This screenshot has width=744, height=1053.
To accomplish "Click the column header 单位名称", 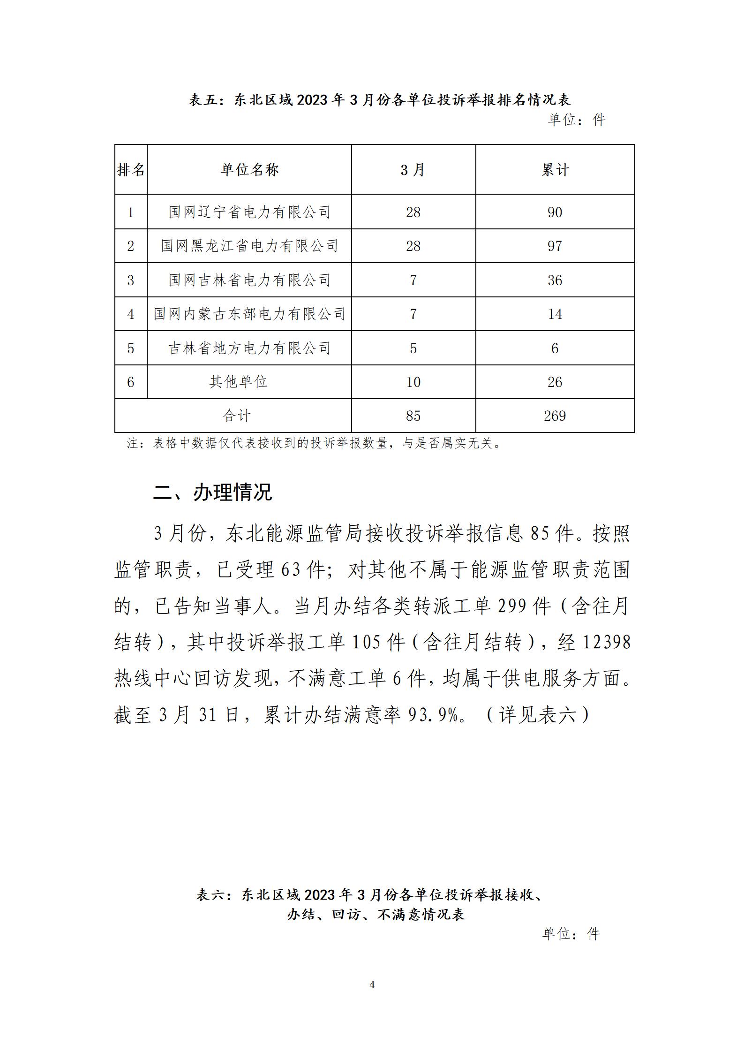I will coord(249,169).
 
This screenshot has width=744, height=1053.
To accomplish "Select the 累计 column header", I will coord(555,169).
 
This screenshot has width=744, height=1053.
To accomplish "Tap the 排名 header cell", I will coord(131,169).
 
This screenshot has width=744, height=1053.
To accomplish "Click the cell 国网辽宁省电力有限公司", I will coord(249,212).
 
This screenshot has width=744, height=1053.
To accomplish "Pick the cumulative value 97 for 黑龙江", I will coord(555,246).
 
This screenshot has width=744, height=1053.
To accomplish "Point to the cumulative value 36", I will coord(555,280).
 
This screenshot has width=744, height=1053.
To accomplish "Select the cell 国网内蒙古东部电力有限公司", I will coord(249,314).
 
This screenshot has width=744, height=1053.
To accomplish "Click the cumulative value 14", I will coord(555,314).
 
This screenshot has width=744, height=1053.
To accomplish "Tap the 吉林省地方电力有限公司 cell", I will coord(249,348).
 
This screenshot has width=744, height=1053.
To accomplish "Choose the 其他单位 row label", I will coord(238,382).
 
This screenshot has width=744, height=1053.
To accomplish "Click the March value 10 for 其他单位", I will coord(413,382).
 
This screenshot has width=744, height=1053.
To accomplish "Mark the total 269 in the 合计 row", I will coord(555,416).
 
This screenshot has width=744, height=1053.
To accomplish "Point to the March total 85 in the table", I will coord(413,416).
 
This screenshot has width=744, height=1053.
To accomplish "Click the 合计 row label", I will coord(237,416).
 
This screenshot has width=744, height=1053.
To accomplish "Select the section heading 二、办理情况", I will coord(213,492).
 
